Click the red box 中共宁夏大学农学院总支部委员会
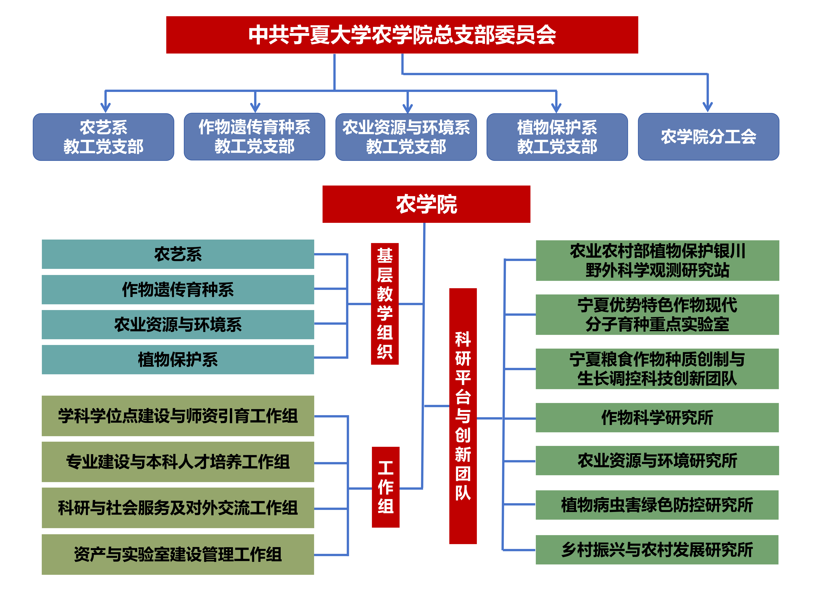tap(402, 35)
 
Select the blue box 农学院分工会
tap(708, 137)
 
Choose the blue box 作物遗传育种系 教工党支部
tap(254, 137)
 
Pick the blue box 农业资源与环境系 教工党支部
tap(406, 137)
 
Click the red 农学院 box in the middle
tap(426, 204)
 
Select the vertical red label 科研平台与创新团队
tap(463, 416)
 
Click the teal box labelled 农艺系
tap(178, 254)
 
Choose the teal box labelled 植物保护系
tap(178, 359)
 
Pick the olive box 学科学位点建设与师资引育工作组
tap(178, 416)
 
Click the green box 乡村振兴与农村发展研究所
tap(657, 549)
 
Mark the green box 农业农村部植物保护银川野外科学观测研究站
tap(657, 261)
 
